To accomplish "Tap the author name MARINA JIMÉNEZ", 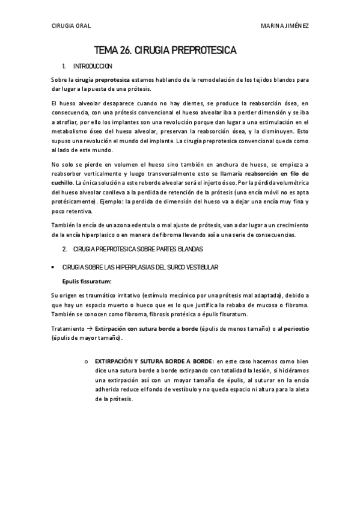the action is tap(285, 26).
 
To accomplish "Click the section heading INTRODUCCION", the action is tap(92, 66).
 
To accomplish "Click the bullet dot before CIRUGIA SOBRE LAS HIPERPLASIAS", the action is tap(55, 266).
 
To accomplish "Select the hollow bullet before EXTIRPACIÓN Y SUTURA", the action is tap(87, 360).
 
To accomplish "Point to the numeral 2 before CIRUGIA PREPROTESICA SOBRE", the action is tap(64, 248).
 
